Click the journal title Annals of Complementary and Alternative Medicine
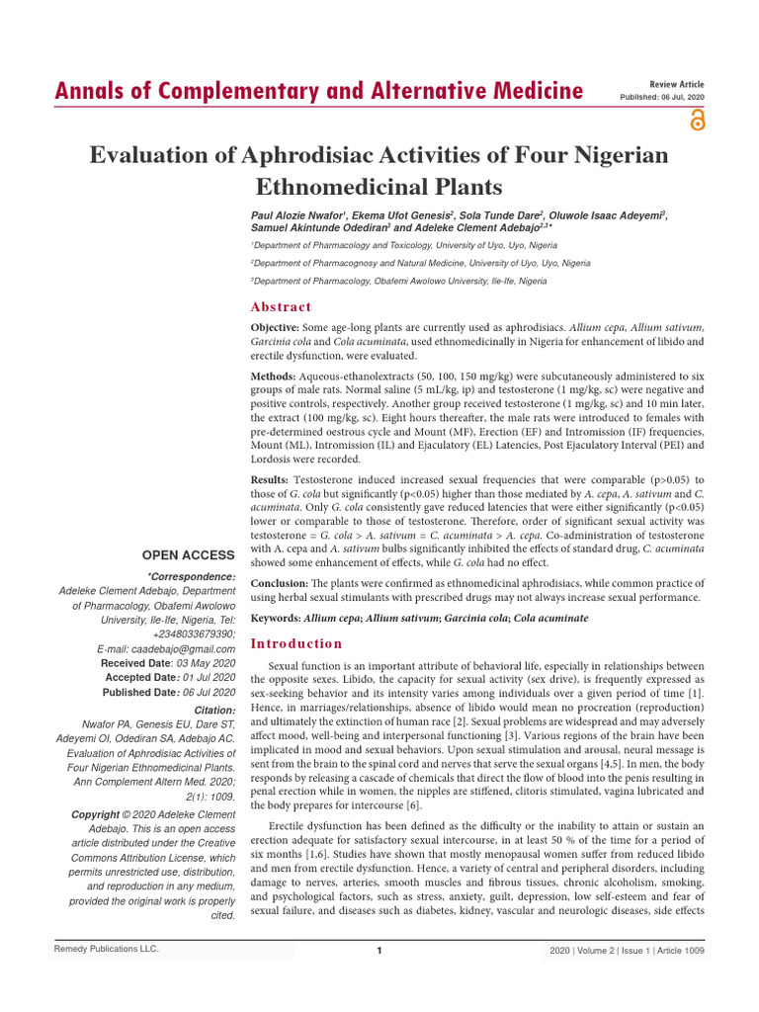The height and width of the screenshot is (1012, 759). click(x=317, y=92)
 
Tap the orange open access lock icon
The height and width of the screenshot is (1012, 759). click(x=698, y=120)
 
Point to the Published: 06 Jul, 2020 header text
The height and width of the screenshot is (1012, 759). click(x=662, y=98)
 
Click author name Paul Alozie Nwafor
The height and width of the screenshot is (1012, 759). click(x=295, y=214)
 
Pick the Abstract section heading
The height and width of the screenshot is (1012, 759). click(x=282, y=307)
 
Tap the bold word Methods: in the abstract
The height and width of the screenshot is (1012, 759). click(x=274, y=377)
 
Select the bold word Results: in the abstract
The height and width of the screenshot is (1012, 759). click(x=272, y=478)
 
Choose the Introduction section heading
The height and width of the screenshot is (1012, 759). click(x=296, y=643)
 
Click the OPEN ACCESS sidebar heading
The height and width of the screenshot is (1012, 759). click(x=188, y=555)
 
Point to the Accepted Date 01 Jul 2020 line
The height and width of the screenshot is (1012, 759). click(x=170, y=678)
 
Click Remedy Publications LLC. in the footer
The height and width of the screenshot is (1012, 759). click(x=106, y=950)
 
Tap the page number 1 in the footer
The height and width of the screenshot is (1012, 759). click(x=379, y=951)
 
